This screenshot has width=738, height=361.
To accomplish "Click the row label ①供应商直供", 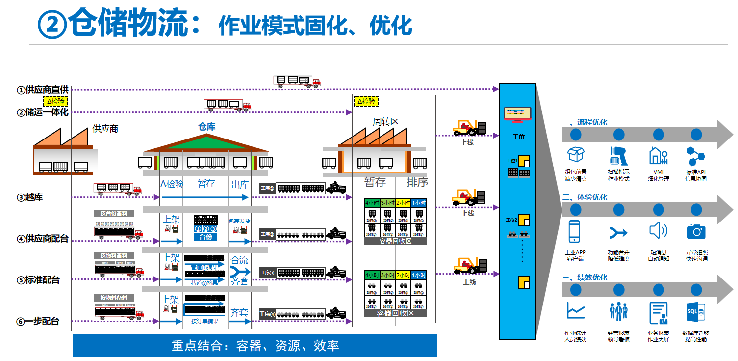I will pyautogui.click(x=43, y=90).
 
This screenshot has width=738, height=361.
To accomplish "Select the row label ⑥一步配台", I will pyautogui.click(x=38, y=321).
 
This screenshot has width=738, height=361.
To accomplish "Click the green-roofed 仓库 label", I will pyautogui.click(x=206, y=127).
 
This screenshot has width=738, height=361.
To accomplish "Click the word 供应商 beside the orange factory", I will pyautogui.click(x=105, y=129).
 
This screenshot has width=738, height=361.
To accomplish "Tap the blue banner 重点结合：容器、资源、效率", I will pyautogui.click(x=255, y=346).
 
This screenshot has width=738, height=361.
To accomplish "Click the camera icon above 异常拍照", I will pyautogui.click(x=696, y=231).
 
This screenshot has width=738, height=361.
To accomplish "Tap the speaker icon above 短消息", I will pyautogui.click(x=658, y=231).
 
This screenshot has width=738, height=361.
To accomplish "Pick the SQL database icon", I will pyautogui.click(x=696, y=311).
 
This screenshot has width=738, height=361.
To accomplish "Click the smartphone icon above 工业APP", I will pyautogui.click(x=575, y=231).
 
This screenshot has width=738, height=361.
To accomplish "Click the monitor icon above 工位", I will pyautogui.click(x=517, y=114).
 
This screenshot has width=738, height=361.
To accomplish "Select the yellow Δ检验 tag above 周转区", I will pyautogui.click(x=366, y=102).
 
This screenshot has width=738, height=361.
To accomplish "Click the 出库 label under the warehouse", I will pyautogui.click(x=240, y=185).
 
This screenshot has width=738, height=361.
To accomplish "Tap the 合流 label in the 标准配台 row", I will pyautogui.click(x=239, y=260).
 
